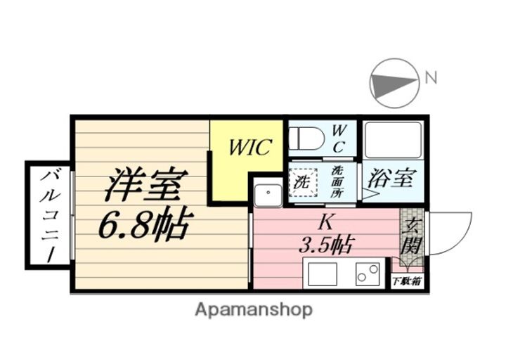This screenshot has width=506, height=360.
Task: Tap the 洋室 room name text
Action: tap(145, 185)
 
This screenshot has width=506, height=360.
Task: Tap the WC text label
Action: tap(339, 138)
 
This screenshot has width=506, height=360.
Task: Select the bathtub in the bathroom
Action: tap(392, 140)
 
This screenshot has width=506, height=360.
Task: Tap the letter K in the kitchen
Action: tap(325, 222)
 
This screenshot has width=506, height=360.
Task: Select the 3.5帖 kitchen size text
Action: tap(325, 245)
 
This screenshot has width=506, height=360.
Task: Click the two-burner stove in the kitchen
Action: tap(366, 274)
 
